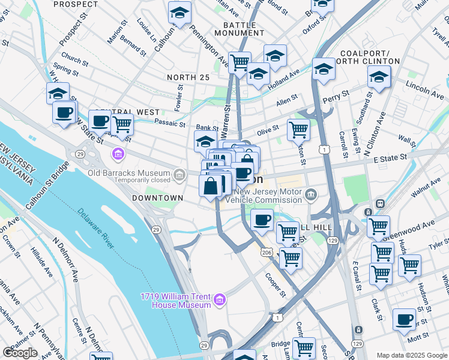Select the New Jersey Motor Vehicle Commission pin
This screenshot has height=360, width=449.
point(310,194)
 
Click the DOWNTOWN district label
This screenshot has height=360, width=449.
point(157,198)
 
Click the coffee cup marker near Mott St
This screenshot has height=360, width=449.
point(404,319)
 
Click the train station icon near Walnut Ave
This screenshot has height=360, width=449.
point(379,203)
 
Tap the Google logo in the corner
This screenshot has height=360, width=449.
point(20,353)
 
